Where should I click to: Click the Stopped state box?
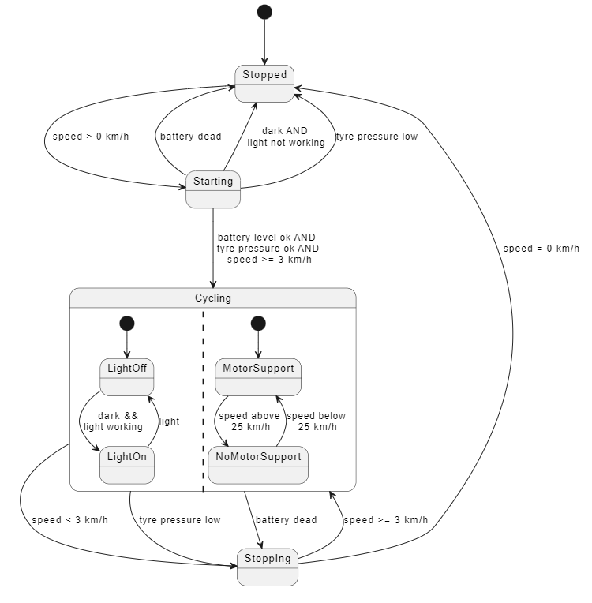(264, 83)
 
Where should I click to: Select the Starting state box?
(213, 189)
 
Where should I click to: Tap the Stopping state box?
(268, 566)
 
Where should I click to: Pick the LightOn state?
(126, 465)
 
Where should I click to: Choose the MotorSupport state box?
(258, 376)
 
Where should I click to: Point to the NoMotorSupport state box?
(258, 465)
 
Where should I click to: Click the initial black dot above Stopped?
(264, 12)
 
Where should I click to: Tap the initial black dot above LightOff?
(127, 323)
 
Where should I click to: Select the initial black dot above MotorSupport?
(258, 323)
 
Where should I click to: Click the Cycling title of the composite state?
(213, 298)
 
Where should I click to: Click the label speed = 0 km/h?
(541, 248)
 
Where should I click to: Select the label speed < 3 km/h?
(69, 520)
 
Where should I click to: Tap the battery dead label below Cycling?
(286, 520)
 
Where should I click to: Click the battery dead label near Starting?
(190, 137)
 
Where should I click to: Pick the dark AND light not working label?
(286, 137)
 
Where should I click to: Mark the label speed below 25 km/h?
(316, 421)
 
